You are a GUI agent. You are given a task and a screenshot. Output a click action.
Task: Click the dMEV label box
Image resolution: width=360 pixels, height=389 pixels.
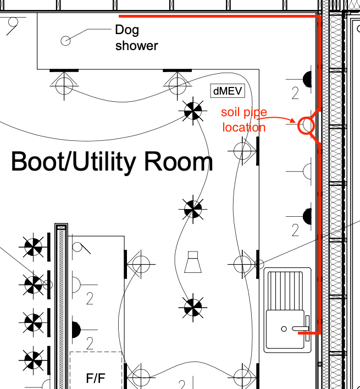[x=228, y=91]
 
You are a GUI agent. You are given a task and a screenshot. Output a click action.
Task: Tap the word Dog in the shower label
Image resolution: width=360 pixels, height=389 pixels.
[x=127, y=30]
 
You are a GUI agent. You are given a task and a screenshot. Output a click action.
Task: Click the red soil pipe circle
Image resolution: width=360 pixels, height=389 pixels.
[x=306, y=125]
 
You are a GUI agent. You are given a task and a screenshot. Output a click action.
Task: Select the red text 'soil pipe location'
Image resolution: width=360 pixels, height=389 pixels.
[x=244, y=120]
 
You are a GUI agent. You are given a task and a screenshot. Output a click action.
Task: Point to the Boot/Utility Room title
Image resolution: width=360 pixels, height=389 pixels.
[x=112, y=162]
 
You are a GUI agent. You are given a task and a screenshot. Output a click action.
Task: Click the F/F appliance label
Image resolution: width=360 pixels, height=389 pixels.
[x=96, y=378]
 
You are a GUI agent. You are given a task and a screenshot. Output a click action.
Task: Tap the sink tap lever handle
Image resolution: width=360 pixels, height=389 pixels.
[x=300, y=328]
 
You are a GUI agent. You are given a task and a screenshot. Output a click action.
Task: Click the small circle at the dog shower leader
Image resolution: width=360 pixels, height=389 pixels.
[x=65, y=41]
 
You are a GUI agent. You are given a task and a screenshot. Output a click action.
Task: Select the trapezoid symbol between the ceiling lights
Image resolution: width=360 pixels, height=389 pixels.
[x=193, y=262]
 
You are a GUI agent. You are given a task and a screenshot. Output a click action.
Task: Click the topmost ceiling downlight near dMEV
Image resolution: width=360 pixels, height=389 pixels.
[x=193, y=111]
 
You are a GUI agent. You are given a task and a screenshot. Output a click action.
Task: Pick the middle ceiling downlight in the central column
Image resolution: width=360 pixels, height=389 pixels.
[x=193, y=209]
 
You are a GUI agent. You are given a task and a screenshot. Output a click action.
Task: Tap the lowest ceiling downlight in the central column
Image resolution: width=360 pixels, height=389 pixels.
[x=193, y=308]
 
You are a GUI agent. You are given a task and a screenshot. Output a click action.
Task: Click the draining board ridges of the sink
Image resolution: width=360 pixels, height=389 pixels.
[x=285, y=291]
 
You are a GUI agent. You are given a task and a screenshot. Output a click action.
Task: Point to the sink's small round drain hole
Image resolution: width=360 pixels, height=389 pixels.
[x=284, y=328]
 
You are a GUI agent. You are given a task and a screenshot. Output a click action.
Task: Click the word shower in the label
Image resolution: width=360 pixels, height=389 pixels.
[x=136, y=46]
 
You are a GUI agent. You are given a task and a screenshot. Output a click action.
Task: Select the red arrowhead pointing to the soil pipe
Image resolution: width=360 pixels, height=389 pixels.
[x=292, y=120]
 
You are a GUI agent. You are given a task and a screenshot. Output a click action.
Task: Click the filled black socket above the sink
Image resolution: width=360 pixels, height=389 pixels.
[x=307, y=216]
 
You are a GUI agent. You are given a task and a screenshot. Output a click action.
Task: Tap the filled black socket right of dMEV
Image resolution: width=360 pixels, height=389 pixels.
[x=307, y=79]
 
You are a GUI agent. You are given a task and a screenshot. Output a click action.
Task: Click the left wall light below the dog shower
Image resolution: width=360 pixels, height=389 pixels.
[x=64, y=85]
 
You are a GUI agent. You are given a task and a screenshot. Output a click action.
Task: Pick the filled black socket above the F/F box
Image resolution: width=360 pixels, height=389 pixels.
[x=76, y=330]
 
